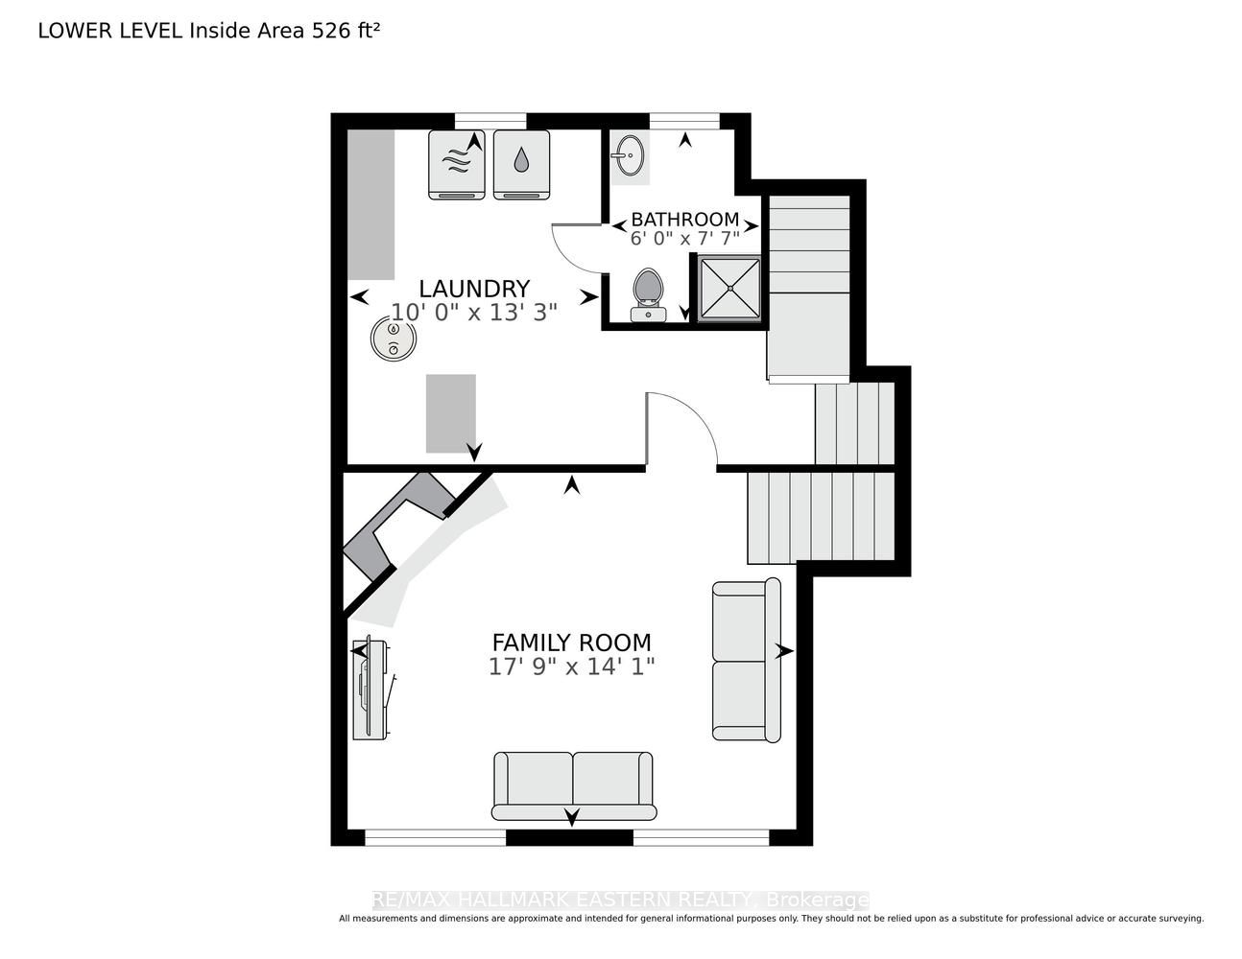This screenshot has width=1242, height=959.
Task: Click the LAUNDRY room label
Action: [474, 289]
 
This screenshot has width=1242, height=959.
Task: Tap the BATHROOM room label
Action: [684, 220]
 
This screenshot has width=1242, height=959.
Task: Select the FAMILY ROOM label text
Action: [571, 643]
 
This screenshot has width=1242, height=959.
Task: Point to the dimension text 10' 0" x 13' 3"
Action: [474, 313]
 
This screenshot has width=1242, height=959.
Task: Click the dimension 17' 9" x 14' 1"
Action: [571, 667]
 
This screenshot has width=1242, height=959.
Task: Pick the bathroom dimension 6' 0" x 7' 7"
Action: [684, 239]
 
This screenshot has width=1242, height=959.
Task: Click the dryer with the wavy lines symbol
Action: [457, 165]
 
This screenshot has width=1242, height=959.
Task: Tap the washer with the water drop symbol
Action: [521, 165]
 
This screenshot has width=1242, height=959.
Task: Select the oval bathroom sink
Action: [630, 155]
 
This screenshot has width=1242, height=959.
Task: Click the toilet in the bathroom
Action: [648, 294]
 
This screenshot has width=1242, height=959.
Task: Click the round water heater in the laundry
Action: [394, 339]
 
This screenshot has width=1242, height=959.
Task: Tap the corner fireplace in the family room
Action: [400, 526]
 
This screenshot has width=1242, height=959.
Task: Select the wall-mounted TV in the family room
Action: [371, 688]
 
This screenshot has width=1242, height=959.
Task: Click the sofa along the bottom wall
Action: [573, 786]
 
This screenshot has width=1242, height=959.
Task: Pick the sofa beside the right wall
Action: [747, 660]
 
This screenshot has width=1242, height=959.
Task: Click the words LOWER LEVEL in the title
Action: [110, 31]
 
